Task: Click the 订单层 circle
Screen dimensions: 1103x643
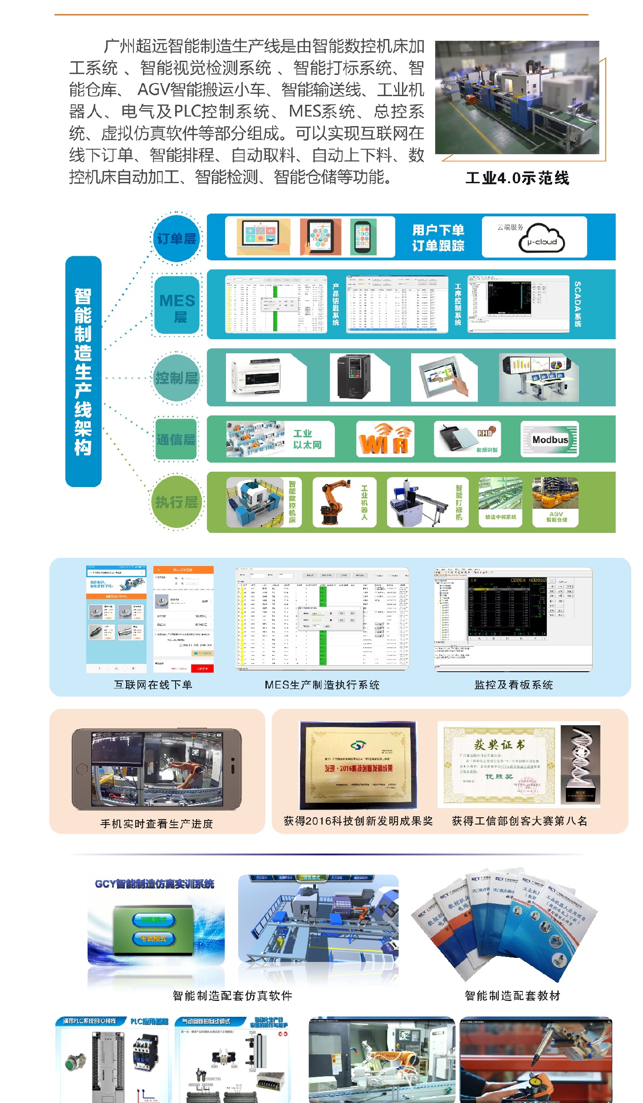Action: [x=176, y=239]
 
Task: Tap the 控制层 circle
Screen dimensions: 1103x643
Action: [x=177, y=377]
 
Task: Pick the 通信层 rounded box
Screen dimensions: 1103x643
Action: [x=176, y=439]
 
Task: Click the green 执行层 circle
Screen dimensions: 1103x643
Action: [x=177, y=502]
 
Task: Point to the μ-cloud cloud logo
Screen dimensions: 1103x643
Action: [x=542, y=238]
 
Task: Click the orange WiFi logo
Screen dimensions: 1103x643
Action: [x=385, y=439]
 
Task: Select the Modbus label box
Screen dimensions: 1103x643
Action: [x=550, y=439]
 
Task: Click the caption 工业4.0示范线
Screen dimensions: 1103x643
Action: [x=517, y=178]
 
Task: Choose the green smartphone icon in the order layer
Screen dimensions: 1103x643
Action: [x=363, y=237]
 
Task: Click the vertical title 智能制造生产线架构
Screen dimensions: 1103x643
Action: [x=83, y=371]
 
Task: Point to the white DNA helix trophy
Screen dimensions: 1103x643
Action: [x=580, y=764]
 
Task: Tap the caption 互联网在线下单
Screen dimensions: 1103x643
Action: [x=153, y=685]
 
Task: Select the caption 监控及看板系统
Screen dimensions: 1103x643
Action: [x=514, y=685]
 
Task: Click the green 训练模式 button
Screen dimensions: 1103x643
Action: [x=154, y=920]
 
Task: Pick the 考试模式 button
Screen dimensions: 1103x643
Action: [x=154, y=938]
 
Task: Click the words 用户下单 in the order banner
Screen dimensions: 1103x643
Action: [x=438, y=230]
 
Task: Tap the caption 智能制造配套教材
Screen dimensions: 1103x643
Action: [x=512, y=996]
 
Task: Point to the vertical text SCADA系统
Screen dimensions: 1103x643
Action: [x=578, y=304]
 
